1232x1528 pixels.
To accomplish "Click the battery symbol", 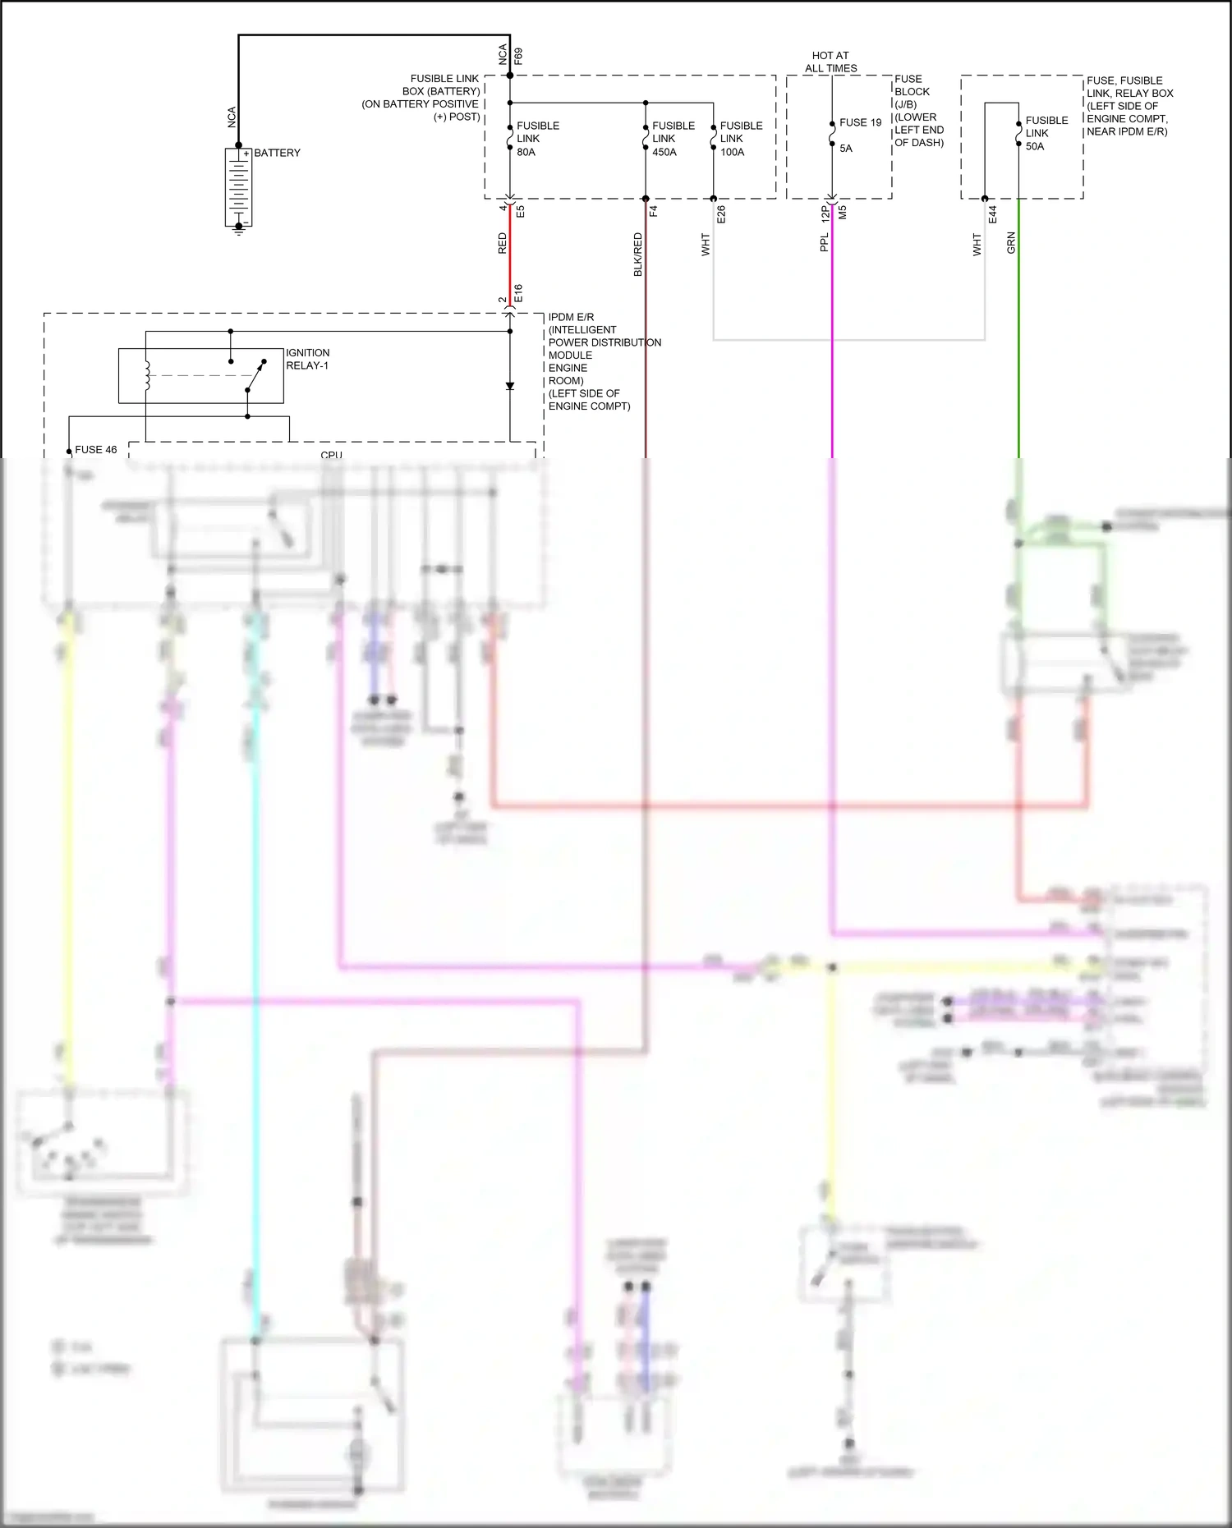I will point(238,187).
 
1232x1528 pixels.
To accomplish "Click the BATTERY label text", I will point(277,154).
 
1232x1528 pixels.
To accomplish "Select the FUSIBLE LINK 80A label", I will point(537,139).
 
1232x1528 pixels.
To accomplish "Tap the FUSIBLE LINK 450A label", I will point(673,139).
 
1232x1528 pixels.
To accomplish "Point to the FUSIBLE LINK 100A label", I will point(741,139).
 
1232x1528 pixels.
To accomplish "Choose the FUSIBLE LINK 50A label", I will point(1046,133).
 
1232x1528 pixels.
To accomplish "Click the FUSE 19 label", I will point(860,123).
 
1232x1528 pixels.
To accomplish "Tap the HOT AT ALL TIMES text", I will point(830,62).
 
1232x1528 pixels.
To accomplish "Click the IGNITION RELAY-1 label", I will point(307,359).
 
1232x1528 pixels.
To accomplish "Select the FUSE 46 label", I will point(95,450).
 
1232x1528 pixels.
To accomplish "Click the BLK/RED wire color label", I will point(637,255).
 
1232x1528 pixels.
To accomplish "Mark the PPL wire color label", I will point(824,242).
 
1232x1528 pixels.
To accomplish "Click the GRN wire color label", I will point(1011,242).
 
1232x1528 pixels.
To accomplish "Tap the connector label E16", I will point(518,293).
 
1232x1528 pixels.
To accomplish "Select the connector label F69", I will point(518,57).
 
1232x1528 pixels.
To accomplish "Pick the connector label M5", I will point(843,213).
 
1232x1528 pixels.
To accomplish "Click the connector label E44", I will point(993,214).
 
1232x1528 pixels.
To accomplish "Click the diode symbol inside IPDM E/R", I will point(510,386).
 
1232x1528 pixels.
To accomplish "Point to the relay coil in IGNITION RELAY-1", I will point(148,376).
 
